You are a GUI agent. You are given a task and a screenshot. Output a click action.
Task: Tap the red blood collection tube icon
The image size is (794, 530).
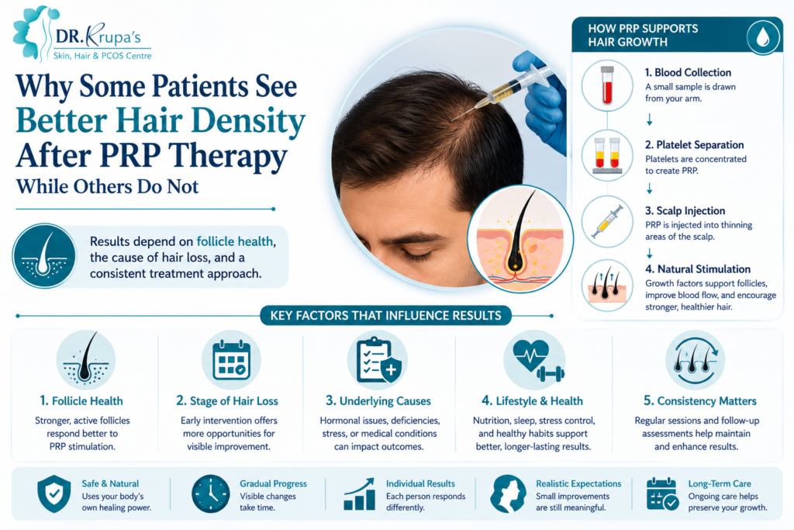[607, 85]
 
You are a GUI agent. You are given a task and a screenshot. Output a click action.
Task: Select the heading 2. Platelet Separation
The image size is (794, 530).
[694, 145]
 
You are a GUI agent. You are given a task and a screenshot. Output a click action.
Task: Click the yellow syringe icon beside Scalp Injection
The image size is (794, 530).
[607, 221]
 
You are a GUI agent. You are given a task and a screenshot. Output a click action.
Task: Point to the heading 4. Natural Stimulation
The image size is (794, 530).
[698, 269]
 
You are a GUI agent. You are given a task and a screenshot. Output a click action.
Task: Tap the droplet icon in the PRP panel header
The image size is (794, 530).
[763, 36]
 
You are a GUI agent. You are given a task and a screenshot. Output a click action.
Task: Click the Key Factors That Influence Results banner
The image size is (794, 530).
[386, 316]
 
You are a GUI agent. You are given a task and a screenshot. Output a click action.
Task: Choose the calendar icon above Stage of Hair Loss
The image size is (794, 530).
[231, 360]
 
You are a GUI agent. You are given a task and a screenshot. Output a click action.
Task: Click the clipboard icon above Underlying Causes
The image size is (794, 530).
[378, 361]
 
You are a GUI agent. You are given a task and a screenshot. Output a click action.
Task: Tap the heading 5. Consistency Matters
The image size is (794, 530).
[700, 400]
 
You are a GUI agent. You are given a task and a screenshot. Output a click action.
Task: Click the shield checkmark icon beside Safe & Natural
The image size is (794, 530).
[54, 494]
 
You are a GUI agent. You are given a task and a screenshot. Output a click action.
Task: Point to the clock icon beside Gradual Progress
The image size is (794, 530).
[211, 494]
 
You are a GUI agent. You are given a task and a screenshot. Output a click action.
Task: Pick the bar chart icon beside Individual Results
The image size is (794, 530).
[360, 494]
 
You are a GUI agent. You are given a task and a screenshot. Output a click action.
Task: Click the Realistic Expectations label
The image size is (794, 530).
[578, 483]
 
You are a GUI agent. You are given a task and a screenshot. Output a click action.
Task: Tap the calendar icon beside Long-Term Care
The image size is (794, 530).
[662, 494]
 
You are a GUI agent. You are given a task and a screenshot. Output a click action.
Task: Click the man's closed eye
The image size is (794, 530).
[416, 256]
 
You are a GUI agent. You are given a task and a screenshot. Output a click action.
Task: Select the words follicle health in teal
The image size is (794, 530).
[234, 241]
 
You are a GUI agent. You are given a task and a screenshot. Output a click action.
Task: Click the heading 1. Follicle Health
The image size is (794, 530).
[81, 400]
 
